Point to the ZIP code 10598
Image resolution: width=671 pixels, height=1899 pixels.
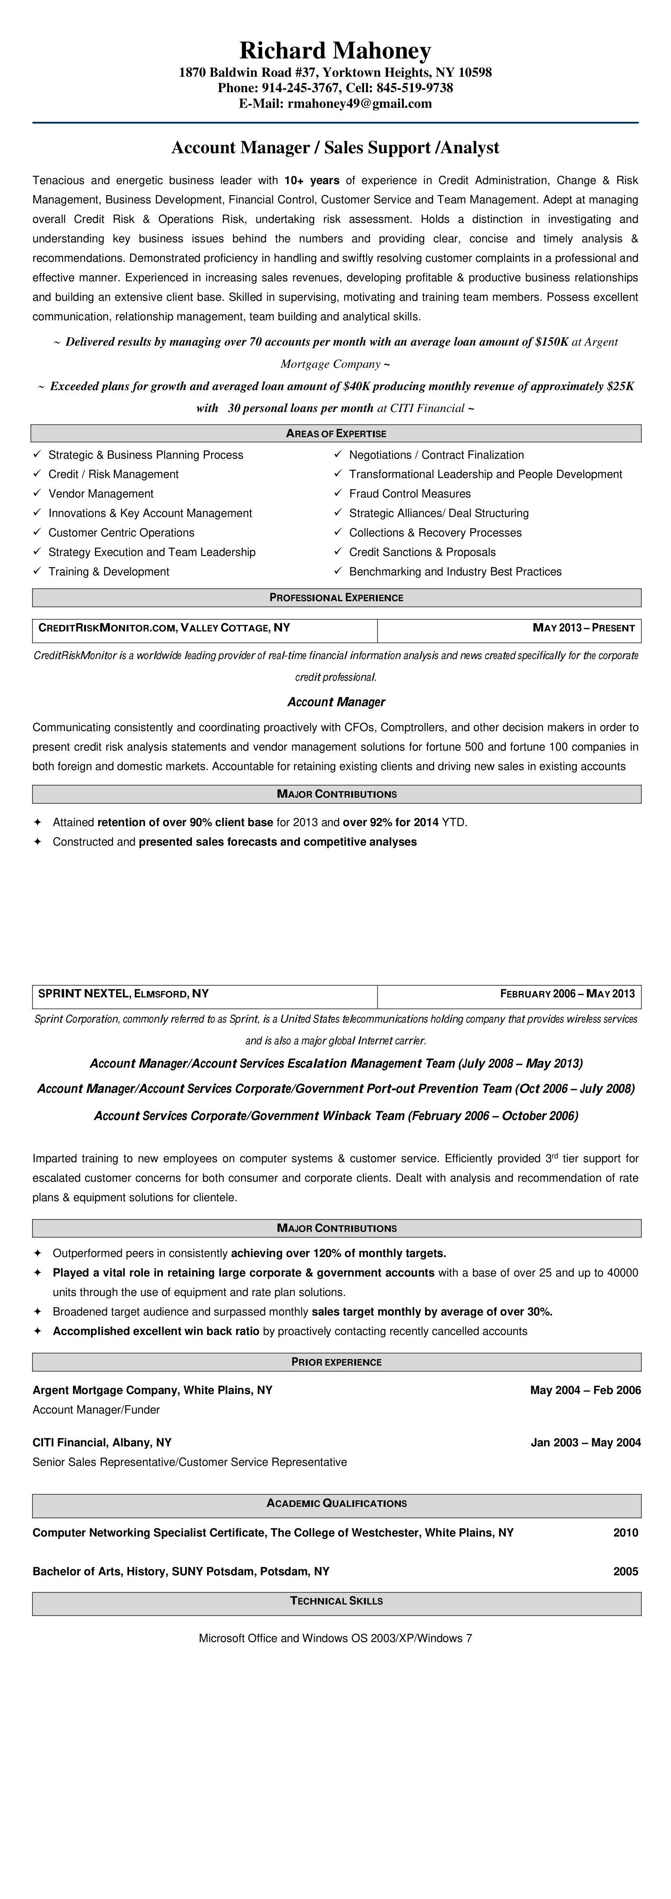[475, 72]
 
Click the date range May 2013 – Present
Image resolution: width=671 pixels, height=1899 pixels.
[583, 628]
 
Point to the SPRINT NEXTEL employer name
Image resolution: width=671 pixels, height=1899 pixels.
[82, 994]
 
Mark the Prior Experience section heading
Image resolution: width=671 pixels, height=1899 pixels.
[336, 1362]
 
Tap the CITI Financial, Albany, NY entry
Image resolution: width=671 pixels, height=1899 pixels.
[102, 1443]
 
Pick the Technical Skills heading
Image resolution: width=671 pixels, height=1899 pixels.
[336, 1601]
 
